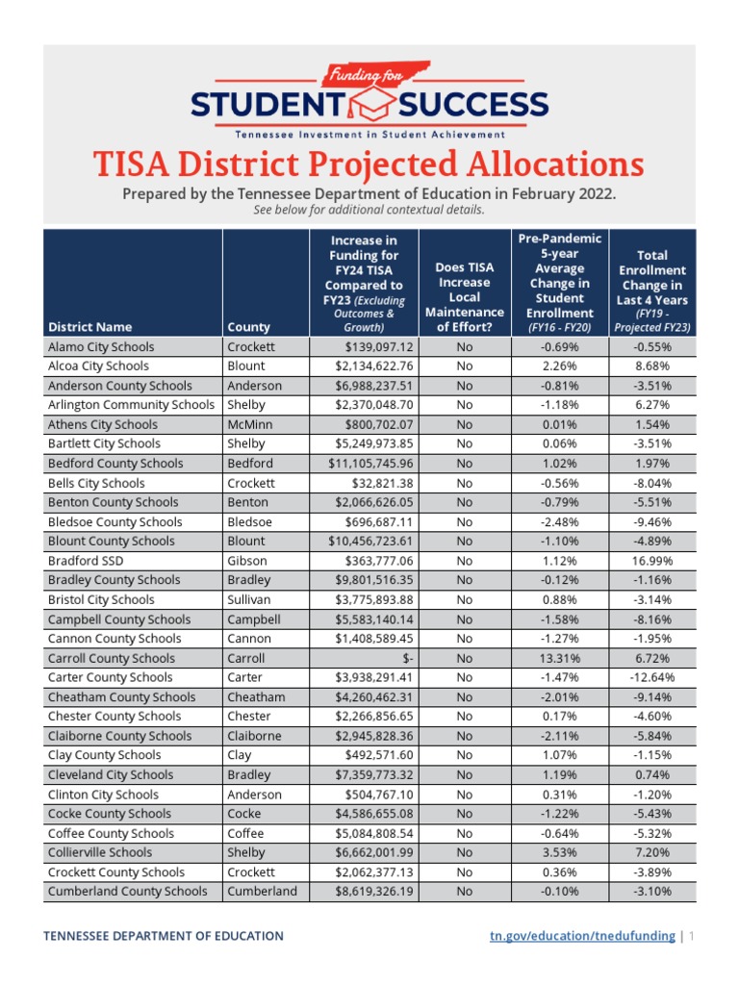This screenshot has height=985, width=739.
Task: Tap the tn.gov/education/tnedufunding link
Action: point(584,936)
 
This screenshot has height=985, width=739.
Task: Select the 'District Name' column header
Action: point(89,327)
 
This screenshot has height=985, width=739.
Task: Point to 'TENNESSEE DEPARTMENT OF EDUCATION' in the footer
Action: point(166,936)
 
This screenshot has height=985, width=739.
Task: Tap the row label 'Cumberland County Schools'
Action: point(127,891)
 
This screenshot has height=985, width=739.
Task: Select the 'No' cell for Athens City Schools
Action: point(465,424)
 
